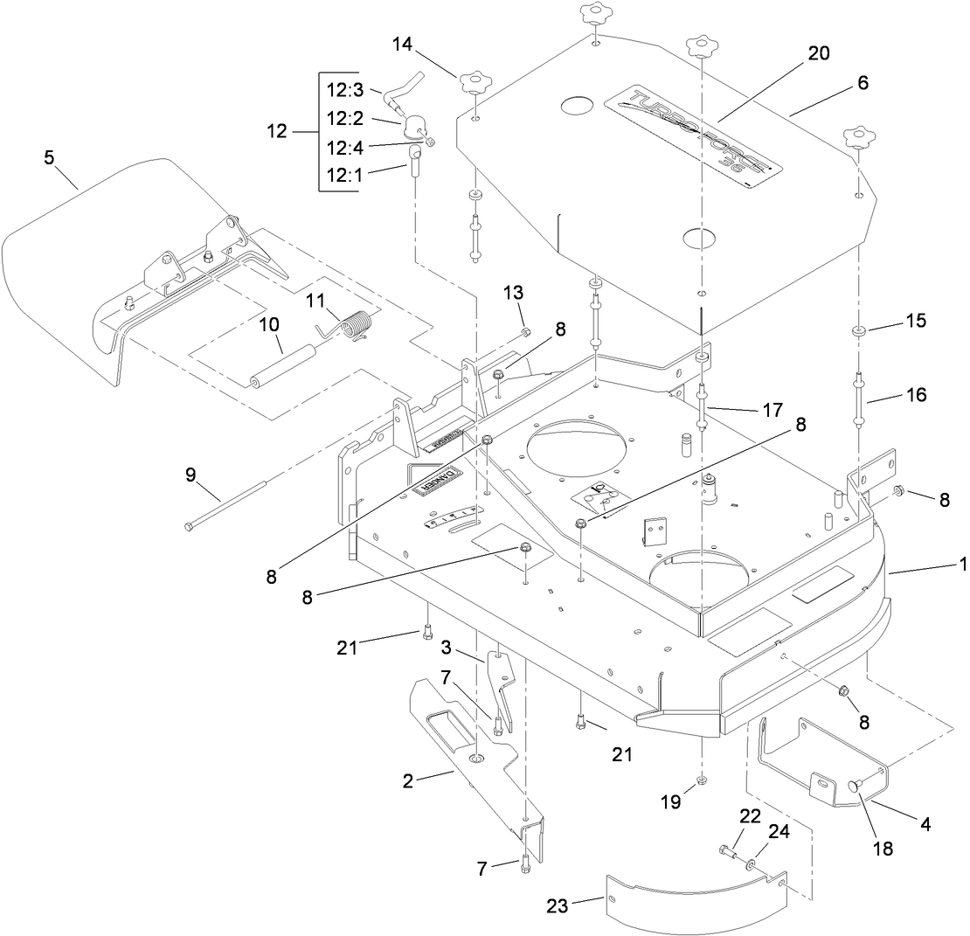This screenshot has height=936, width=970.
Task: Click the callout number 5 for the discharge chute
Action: [x=50, y=157]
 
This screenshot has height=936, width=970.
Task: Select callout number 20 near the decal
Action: [x=818, y=52]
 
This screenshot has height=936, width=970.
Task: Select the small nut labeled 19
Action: [x=703, y=780]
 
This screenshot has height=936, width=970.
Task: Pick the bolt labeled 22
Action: [x=729, y=850]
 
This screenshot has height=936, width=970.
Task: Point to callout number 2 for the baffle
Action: [x=407, y=780]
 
